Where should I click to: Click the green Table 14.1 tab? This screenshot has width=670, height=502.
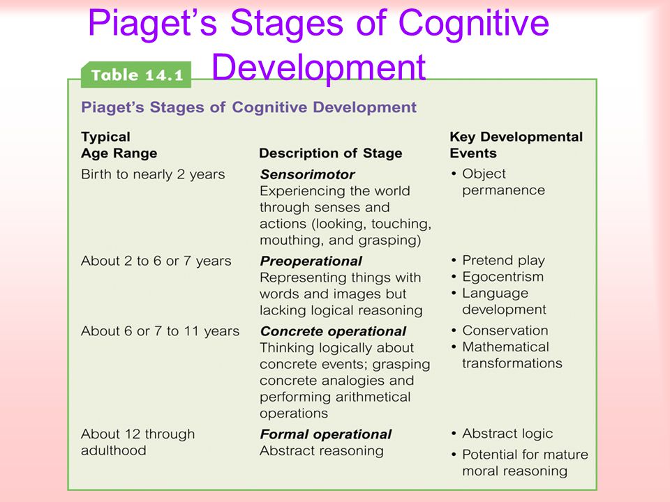pos(136,75)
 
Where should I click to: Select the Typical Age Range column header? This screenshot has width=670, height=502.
pos(119,145)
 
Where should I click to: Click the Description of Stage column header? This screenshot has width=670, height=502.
pos(331,153)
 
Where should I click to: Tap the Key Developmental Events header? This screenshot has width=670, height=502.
pos(516,145)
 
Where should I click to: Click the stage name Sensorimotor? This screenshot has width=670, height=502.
pos(308,174)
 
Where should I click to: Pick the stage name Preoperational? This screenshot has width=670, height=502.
pos(311,261)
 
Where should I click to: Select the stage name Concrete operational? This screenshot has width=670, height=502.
pos(334,331)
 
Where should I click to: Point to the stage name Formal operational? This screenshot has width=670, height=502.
pos(326,434)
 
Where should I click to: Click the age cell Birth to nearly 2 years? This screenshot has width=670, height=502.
pos(153,174)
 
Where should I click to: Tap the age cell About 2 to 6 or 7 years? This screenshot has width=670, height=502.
pos(156,261)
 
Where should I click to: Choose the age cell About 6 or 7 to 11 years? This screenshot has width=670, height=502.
pos(161,331)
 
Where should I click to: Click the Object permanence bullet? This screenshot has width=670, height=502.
pos(498,182)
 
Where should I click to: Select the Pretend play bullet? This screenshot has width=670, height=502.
pos(498,260)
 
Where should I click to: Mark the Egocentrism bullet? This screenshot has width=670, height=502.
pos(498,277)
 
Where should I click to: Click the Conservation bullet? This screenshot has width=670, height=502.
pos(500,330)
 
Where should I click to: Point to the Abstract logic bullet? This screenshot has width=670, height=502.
pos(502,434)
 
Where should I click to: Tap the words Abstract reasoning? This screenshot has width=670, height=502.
pos(322,451)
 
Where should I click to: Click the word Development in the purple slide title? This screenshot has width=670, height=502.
pos(319,68)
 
